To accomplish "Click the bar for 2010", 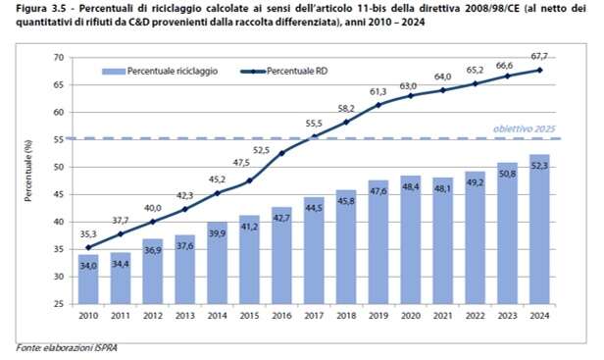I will [88, 280].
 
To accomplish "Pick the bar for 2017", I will [313, 251].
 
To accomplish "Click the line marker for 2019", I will [377, 105].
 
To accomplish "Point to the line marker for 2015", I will [249, 180].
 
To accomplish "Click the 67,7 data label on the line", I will [537, 58].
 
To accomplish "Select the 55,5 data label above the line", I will [313, 124].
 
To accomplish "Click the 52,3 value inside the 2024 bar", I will [537, 168].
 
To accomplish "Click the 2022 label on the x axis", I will [474, 316].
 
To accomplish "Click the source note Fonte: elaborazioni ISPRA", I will [65, 347].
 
